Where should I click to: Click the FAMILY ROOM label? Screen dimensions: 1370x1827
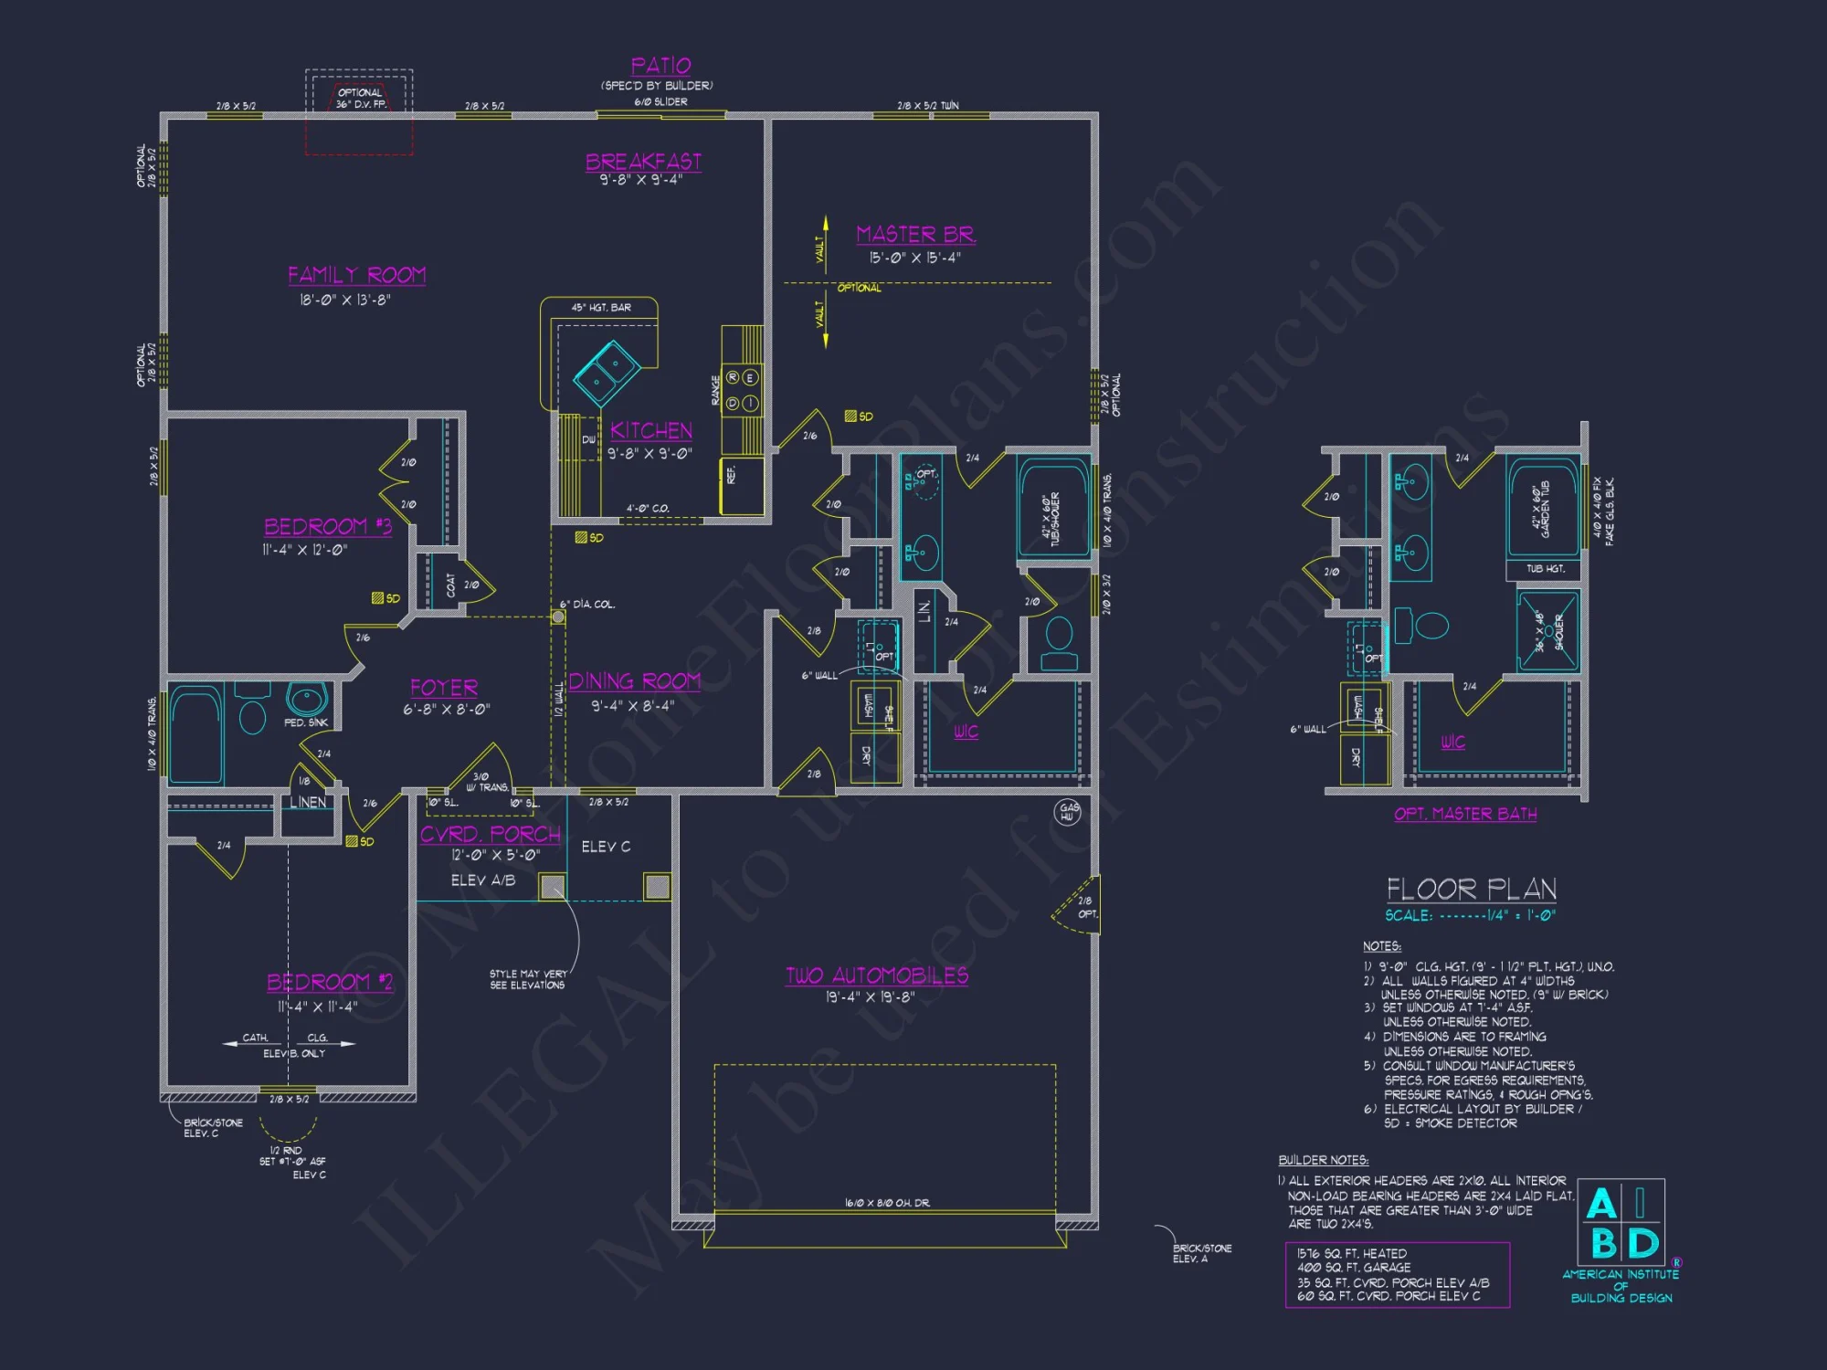point(356,275)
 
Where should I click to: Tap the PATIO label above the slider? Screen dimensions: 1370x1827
point(660,66)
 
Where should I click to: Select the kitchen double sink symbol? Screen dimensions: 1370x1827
point(607,373)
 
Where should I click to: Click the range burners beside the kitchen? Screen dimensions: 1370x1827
point(742,390)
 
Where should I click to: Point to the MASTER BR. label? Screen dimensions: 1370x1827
point(915,235)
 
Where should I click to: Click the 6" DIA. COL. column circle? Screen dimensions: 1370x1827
point(557,617)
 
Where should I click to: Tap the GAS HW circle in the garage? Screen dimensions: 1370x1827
point(1067,812)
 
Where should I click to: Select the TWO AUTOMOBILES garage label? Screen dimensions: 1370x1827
point(877,975)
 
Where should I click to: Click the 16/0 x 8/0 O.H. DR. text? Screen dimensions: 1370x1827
point(887,1203)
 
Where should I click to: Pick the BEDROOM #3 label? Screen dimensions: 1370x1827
point(327,527)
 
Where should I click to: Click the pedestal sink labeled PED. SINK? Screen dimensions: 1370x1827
point(307,701)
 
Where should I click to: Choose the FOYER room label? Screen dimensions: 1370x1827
point(444,688)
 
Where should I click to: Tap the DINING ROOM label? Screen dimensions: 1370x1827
point(635,681)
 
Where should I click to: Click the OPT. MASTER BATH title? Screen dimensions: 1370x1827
point(1465,814)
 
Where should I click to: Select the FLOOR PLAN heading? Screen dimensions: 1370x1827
point(1471,889)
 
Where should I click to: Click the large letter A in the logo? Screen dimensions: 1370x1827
point(1600,1204)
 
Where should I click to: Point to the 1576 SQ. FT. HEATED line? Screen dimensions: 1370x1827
point(1351,1254)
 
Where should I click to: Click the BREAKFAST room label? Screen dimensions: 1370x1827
point(643,162)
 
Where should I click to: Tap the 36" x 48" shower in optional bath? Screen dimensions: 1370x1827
point(1547,631)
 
